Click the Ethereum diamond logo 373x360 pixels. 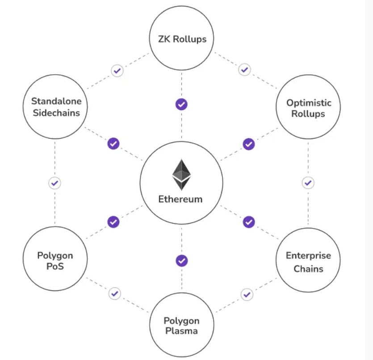[x=181, y=175]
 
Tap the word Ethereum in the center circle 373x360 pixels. [x=180, y=199]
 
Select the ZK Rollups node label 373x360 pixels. [x=182, y=39]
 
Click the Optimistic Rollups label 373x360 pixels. [x=309, y=108]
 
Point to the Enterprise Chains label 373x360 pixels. [x=308, y=262]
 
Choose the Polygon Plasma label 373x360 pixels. [x=181, y=326]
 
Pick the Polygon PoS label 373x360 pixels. [x=55, y=262]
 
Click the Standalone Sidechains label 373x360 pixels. [x=56, y=107]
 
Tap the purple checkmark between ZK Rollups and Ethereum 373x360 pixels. [x=181, y=104]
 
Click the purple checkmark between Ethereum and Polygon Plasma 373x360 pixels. [x=181, y=260]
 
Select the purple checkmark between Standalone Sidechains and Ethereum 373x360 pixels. [x=113, y=144]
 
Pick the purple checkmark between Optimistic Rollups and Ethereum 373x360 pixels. [x=249, y=144]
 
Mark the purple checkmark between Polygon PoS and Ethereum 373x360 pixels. [x=113, y=221]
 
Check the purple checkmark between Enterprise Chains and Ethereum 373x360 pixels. [x=249, y=221]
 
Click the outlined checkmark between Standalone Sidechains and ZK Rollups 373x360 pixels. [x=117, y=71]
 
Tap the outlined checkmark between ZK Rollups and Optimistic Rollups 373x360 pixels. [x=244, y=70]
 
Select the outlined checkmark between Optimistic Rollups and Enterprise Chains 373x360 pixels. [x=308, y=182]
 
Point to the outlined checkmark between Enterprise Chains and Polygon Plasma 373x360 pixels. [x=247, y=294]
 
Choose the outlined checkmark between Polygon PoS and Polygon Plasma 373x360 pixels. [x=115, y=293]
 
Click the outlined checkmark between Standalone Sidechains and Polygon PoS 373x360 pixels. [x=54, y=182]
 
